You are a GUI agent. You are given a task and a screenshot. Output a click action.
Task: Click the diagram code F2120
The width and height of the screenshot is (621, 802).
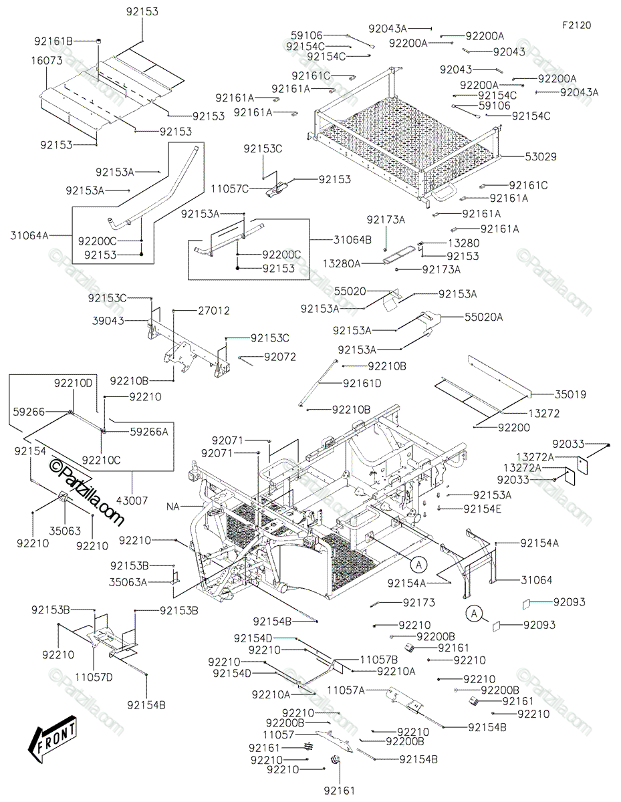tap(576, 25)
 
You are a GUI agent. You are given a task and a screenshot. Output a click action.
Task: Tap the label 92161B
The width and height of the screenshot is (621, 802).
tap(53, 41)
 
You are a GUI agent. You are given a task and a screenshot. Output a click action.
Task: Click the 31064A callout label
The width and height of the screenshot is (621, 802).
tap(30, 235)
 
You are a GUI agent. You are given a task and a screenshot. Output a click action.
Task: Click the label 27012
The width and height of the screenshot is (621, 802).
tap(214, 311)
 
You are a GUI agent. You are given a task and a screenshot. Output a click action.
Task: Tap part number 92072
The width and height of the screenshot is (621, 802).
tap(279, 357)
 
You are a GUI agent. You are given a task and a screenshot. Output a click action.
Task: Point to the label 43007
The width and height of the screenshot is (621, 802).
tap(132, 500)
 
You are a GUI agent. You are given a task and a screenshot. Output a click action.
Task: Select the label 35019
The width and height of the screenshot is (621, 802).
tap(570, 395)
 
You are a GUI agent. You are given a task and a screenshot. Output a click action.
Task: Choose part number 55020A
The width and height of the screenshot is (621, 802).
tap(483, 318)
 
